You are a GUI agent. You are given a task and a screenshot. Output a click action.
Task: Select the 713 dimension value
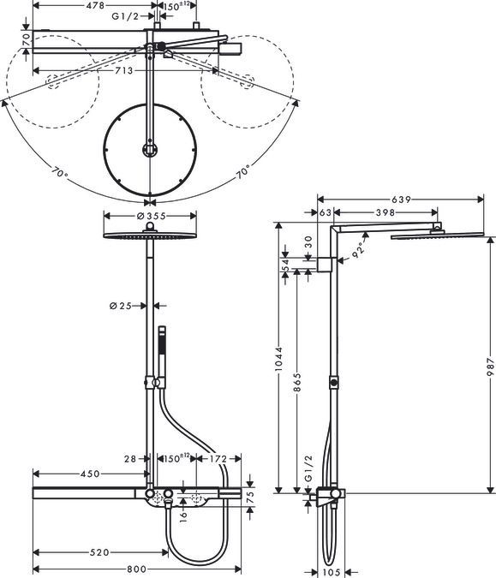[123, 70]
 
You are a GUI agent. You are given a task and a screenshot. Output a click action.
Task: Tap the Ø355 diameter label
[151, 216]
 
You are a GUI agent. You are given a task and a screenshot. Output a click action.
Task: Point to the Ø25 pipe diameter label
[121, 306]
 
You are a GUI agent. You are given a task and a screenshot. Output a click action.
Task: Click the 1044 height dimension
[278, 358]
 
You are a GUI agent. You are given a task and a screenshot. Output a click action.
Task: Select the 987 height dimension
[490, 366]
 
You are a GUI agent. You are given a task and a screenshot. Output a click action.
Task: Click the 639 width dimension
[401, 200]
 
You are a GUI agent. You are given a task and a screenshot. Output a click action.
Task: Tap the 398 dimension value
[385, 212]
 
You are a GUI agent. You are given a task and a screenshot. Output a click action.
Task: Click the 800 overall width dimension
[136, 569]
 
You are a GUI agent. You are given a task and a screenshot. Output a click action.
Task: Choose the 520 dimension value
[99, 552]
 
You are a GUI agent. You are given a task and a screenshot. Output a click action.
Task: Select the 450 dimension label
[90, 474]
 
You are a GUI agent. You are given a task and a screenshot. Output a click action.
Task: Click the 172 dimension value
[218, 459]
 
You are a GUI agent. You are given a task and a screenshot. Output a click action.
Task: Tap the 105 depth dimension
[332, 572]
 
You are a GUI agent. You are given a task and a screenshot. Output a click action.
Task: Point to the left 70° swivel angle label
[59, 173]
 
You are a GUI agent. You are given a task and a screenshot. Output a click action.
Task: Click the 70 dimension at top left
[26, 39]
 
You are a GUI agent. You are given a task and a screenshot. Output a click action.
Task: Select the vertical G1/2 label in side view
[308, 468]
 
